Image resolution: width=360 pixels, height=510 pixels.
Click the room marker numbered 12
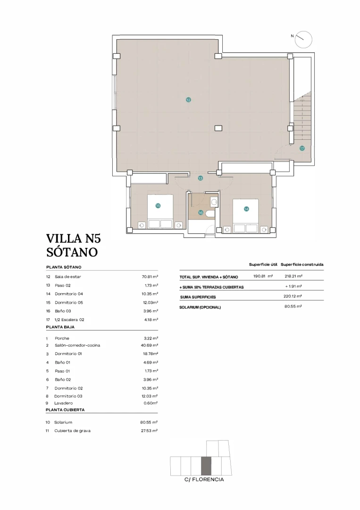tap(188, 100)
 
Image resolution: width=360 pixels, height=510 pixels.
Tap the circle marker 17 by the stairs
tap(301, 148)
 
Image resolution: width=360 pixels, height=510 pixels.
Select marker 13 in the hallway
tap(201, 178)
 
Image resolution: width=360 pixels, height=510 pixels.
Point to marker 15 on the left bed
tap(158, 205)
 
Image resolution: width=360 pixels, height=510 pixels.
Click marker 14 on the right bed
tap(246, 209)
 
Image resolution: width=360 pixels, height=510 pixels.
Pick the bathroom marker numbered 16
tap(201, 212)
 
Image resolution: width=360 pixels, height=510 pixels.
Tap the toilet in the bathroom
tap(210, 213)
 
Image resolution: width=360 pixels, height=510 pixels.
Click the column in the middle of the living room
tap(218, 128)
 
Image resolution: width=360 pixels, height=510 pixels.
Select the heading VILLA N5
tap(74, 238)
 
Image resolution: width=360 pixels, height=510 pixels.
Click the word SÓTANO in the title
tap(72, 252)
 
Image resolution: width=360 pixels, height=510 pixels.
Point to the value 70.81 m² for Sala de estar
tap(150, 277)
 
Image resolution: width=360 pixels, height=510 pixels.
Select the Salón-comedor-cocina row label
tap(77, 345)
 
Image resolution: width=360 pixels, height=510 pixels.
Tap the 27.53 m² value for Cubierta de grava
tap(150, 431)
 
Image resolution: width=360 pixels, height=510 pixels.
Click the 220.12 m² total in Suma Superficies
tap(293, 297)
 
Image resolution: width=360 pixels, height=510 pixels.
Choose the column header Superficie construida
tap(302, 264)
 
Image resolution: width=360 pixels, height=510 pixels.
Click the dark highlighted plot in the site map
tap(206, 466)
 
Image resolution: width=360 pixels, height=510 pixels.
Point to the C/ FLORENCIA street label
tap(204, 480)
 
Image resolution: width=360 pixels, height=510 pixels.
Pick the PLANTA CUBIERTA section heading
tap(65, 410)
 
